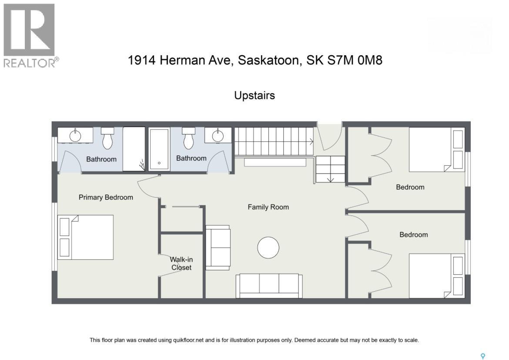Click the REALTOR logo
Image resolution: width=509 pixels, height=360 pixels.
30,35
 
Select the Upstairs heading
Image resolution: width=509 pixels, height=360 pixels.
254,95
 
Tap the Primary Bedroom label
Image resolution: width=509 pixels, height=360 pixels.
106,197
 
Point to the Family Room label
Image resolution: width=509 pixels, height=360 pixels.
268,207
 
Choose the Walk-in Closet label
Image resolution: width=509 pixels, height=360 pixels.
181,263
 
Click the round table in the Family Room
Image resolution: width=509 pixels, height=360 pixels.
268,248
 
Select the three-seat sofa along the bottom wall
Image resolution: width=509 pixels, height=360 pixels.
269,286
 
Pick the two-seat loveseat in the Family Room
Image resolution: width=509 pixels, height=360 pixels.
218,247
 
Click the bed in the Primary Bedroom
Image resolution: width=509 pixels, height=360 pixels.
86,237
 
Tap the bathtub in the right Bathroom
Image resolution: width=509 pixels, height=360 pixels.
159,149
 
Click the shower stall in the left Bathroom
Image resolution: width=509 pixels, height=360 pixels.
134,149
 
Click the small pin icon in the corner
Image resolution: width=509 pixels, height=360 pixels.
482,356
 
